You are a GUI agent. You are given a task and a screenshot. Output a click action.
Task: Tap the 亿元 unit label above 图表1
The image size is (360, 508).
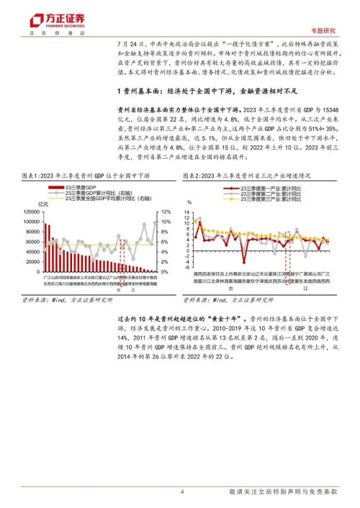coord(48,204)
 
